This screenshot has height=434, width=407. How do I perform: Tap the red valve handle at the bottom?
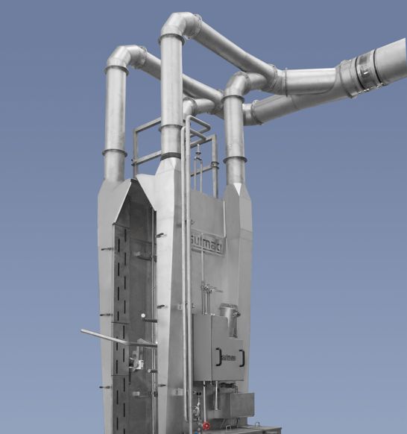pos(206,426)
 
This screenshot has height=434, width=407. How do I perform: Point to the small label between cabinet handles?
pos(230,359)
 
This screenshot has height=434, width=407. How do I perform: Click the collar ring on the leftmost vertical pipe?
pos(114,152)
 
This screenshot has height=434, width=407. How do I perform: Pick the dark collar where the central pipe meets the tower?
pos(171,156)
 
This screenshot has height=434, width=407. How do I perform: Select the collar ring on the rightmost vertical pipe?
pos(234,159)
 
